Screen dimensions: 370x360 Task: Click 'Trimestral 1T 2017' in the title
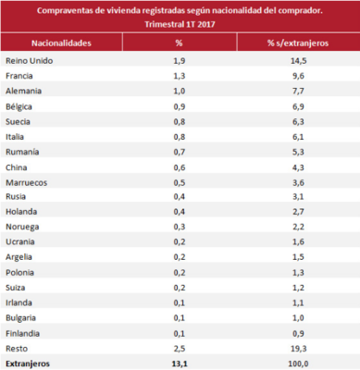click(180, 23)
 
